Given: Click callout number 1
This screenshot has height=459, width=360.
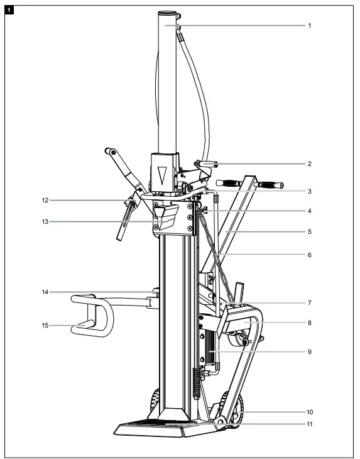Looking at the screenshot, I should [309, 26].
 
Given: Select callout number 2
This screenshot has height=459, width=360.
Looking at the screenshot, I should [309, 163].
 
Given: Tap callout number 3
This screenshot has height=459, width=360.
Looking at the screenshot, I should [309, 191].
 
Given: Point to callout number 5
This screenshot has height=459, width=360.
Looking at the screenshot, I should [309, 231].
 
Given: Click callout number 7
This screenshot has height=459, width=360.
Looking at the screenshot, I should [309, 302].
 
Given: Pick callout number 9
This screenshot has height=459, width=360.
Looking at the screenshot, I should [309, 351].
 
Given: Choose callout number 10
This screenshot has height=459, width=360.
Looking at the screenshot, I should [309, 412].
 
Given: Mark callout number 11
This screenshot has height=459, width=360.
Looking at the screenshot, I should [309, 424].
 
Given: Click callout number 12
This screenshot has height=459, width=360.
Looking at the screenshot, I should [46, 201].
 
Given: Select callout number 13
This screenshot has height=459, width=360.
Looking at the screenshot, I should [46, 221].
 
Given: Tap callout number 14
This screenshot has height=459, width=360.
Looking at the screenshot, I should [46, 292].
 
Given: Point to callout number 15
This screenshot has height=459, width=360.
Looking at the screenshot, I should [46, 325].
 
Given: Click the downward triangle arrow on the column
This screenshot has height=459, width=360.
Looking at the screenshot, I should [163, 174].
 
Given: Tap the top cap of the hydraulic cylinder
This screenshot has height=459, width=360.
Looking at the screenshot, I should [166, 13].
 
